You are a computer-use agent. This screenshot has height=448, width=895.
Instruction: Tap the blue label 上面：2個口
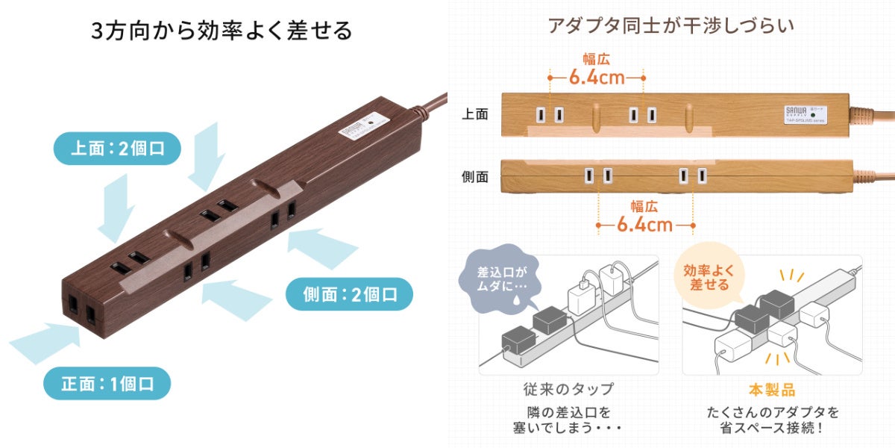pos(117,148)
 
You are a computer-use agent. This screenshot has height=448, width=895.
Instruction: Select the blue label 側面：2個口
pos(350,293)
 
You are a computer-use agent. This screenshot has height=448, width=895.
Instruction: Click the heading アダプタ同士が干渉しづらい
pos(671,25)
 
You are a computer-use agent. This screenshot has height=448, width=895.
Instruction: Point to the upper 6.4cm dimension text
pos(597,77)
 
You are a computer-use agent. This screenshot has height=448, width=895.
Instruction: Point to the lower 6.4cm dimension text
pos(645,224)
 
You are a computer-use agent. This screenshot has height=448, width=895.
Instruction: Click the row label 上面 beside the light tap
pos(475,114)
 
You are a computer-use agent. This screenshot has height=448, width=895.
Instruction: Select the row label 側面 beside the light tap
pos(475,177)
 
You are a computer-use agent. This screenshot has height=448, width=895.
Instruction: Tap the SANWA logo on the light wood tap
pos(792,111)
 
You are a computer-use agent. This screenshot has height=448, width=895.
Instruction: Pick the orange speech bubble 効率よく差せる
pos(706,278)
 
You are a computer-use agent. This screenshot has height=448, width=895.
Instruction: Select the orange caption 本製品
pos(772,389)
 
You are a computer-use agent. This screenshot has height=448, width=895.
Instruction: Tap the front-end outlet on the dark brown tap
pos(82,306)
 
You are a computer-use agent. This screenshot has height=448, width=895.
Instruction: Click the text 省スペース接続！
pos(772,428)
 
